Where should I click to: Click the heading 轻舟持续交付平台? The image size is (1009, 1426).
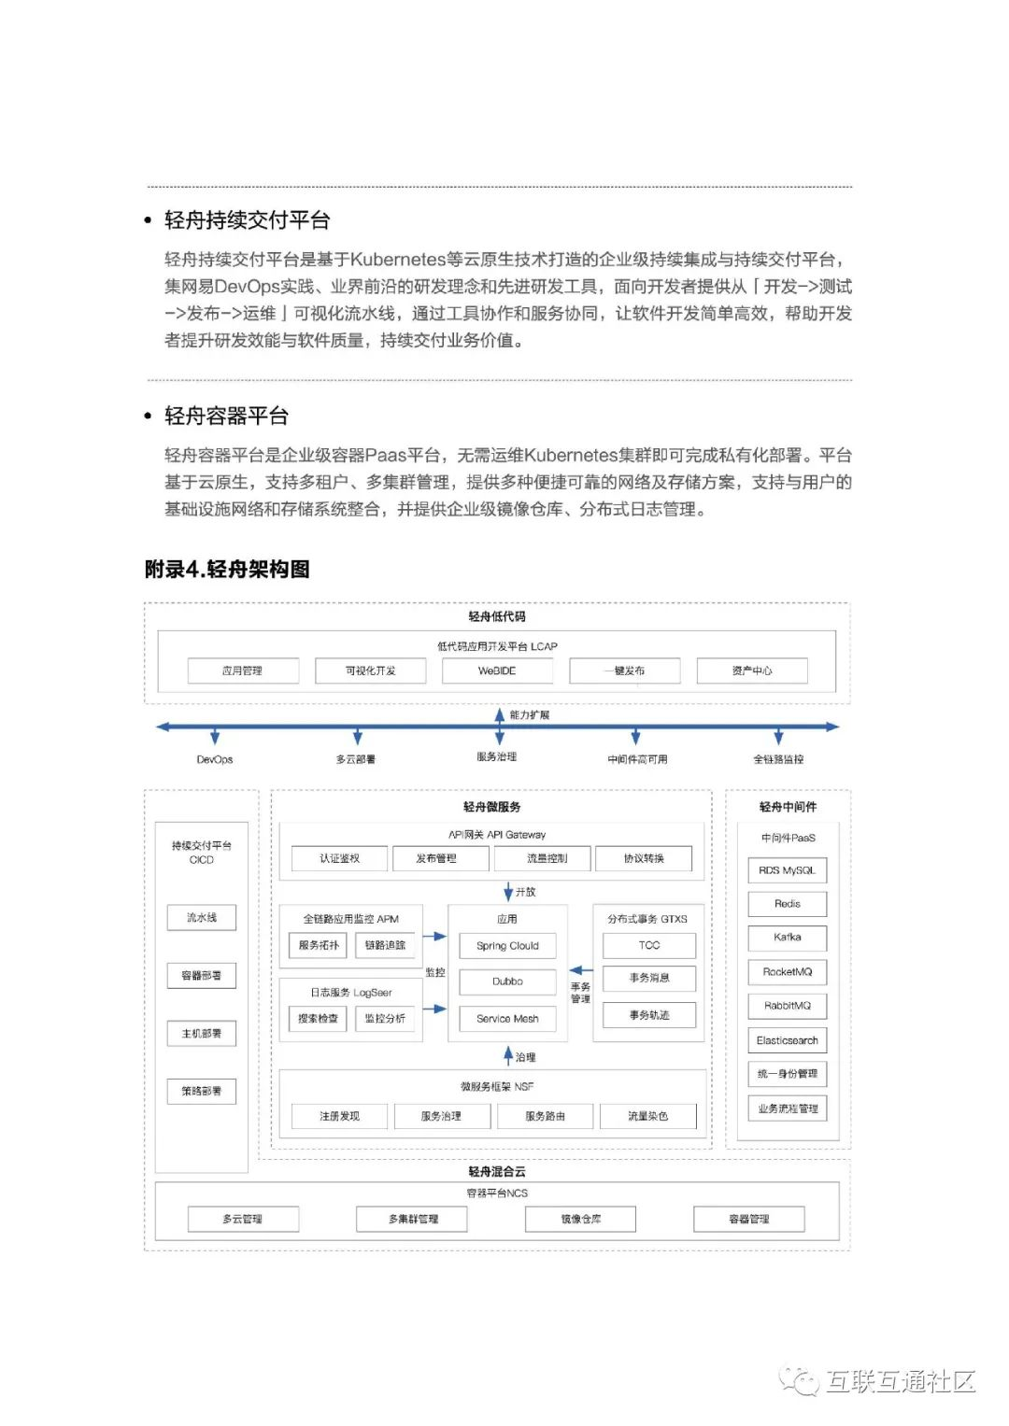tap(247, 220)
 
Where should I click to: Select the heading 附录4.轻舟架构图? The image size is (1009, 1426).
tap(227, 569)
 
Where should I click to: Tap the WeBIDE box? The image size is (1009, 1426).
tap(497, 671)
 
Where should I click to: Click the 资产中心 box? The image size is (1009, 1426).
tap(752, 671)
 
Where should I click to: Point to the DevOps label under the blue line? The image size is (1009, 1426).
tap(215, 759)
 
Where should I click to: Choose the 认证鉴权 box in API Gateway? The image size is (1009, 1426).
tap(339, 858)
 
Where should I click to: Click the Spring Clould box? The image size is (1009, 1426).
tap(507, 946)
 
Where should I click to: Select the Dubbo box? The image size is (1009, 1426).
tap(507, 981)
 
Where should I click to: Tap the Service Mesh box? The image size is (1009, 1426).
tap(507, 1019)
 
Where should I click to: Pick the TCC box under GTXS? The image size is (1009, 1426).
tap(649, 945)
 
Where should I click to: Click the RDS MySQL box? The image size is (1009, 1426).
tap(787, 870)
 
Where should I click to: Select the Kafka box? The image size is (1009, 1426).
tap(787, 937)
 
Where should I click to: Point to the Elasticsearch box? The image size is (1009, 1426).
tap(787, 1040)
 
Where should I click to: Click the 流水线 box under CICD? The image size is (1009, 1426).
tap(202, 918)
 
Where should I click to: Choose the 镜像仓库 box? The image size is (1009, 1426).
tap(580, 1219)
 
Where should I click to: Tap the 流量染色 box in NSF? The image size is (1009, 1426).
tap(647, 1116)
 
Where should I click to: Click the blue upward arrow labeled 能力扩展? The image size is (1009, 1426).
tap(500, 715)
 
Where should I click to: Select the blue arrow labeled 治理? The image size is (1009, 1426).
tap(508, 1056)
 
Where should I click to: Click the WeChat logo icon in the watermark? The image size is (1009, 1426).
tap(800, 1381)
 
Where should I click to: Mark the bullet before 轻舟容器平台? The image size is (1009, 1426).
tap(148, 417)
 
